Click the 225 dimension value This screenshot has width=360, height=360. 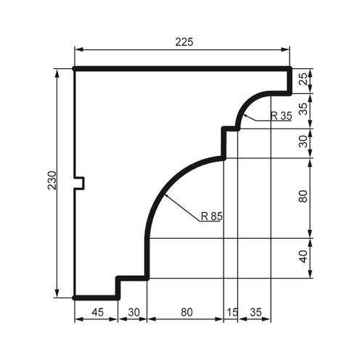coord(184,42)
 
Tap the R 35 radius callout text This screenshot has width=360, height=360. coord(280,116)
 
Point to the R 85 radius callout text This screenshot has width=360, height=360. coord(211,215)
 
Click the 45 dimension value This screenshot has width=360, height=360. coord(97,313)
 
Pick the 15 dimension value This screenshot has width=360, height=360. coord(232,313)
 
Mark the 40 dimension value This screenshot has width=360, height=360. coord(303,258)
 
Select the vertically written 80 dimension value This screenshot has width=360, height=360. coord(303,197)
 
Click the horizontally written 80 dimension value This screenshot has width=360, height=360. coord(186,313)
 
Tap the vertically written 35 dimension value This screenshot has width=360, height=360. coord(303,110)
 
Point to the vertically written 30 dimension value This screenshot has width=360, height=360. coord(303,142)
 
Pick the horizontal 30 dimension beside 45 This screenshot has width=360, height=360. coord(133,313)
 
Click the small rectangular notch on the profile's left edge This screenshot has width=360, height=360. coord(81,183)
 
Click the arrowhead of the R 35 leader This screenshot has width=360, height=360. coord(245,115)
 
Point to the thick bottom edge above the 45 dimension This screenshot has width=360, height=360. coord(97,297)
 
